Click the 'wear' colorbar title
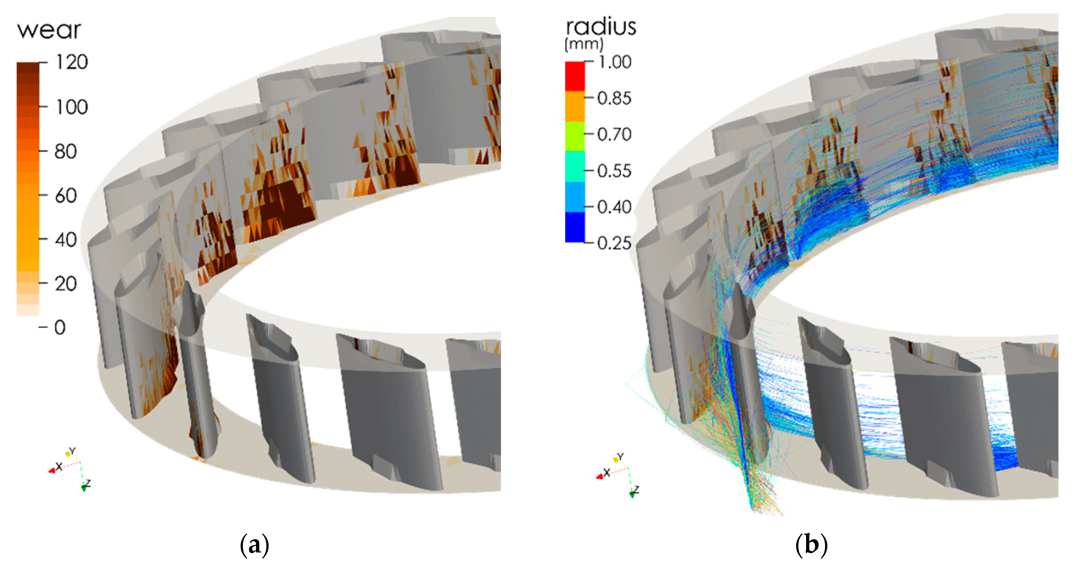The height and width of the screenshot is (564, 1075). coord(49,31)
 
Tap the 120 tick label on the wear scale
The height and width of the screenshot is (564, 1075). coord(72,62)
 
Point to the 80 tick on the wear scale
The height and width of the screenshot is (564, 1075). coord(66,151)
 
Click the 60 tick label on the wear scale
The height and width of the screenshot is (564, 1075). coord(66,196)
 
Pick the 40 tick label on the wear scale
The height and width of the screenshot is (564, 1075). coord(66,240)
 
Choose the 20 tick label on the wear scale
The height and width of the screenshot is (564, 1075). coord(66,284)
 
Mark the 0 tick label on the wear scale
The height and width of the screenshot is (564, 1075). coord(60,328)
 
